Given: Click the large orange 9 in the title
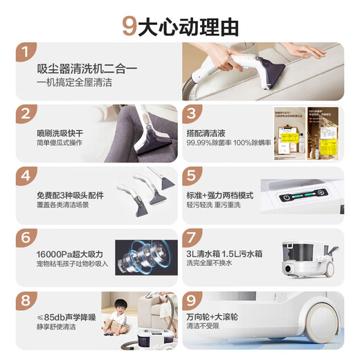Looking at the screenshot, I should point(129,26).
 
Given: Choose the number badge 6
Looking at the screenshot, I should point(27,237).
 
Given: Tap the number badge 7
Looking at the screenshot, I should point(193,237).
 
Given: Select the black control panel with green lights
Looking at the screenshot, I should point(305,198).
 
